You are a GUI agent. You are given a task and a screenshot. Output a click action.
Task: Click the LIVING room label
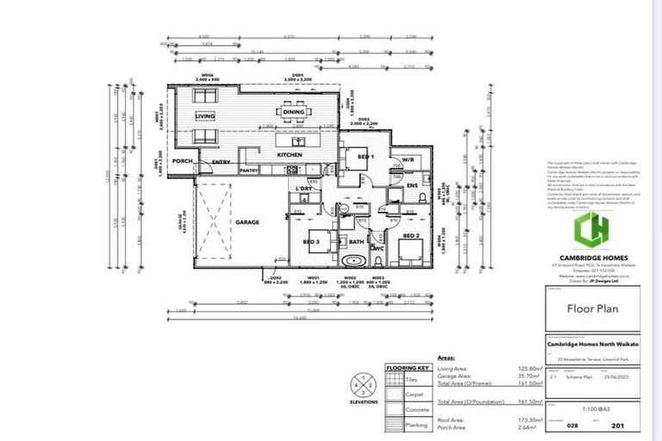[204, 115]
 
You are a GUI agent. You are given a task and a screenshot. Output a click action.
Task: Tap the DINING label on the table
[293, 112]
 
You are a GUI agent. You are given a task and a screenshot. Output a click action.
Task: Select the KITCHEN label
[289, 155]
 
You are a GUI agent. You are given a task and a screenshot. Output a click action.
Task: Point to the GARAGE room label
[247, 222]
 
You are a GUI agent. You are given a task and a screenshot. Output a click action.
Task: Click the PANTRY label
[250, 171]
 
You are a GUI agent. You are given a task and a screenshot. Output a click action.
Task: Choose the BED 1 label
[365, 157]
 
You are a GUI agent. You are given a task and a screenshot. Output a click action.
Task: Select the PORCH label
[182, 160]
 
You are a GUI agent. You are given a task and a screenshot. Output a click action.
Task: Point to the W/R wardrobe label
[405, 158]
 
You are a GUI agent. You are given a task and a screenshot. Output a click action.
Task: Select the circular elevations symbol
[363, 384]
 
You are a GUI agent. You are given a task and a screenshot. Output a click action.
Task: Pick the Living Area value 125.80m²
[528, 369]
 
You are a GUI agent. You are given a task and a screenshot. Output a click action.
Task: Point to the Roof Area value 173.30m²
[528, 419]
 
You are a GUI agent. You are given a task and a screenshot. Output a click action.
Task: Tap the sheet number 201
[618, 425]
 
